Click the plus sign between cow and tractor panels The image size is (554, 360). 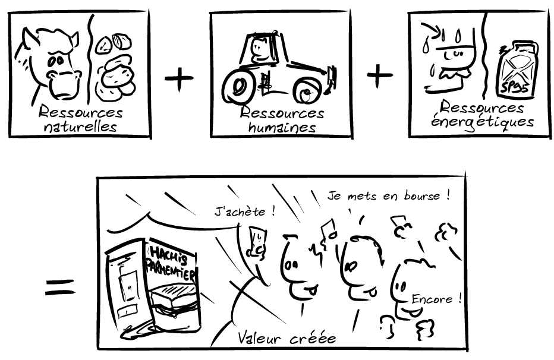click(x=178, y=80)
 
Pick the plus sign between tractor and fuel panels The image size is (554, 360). click(x=380, y=76)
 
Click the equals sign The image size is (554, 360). click(x=60, y=288)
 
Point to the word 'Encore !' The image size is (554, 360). click(x=436, y=299)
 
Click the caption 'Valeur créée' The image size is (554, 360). click(x=287, y=338)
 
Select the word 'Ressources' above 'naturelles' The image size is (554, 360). click(x=80, y=112)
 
